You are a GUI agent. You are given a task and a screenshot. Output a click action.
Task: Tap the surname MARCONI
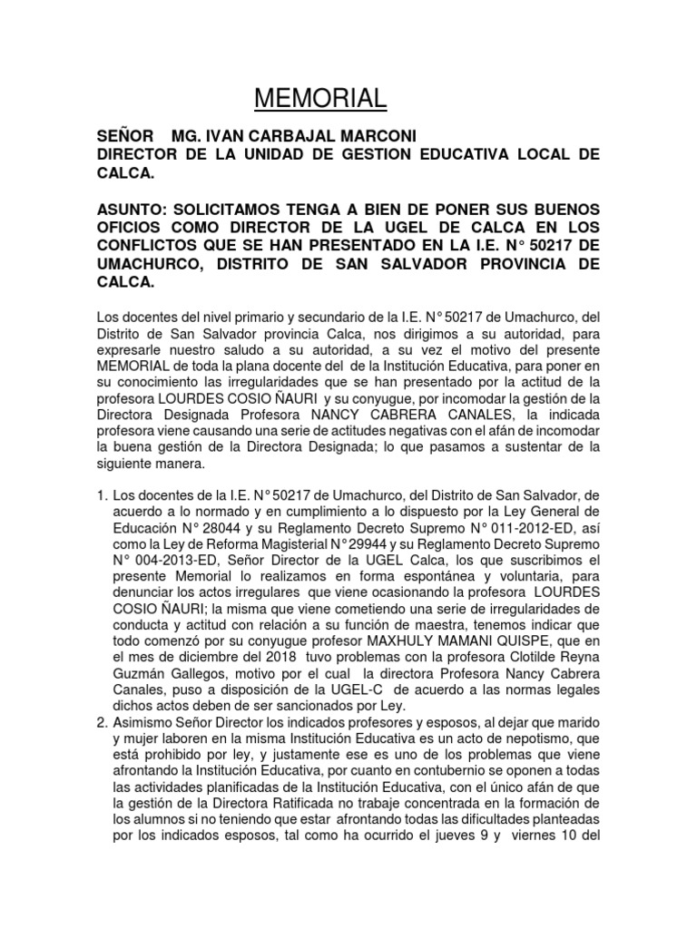[377, 136]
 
